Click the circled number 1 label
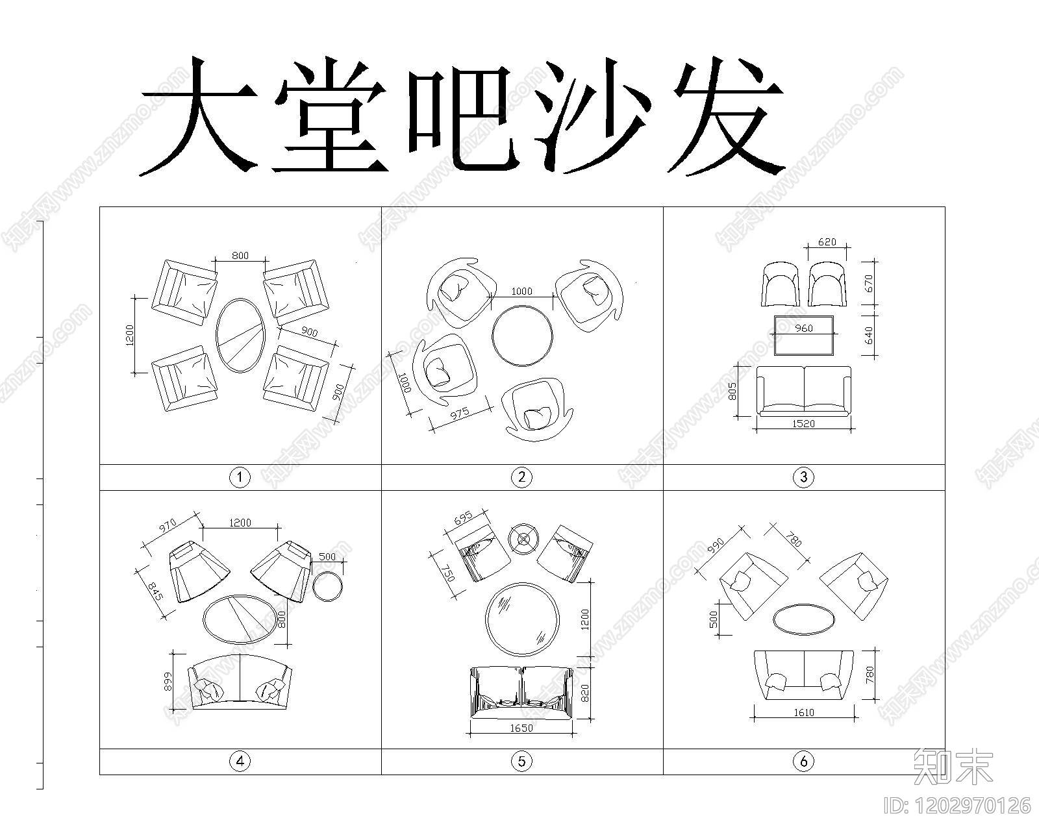[x=240, y=478]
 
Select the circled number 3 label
[x=803, y=478]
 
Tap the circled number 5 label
[x=521, y=762]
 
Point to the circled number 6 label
[x=803, y=762]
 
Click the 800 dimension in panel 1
[x=240, y=256]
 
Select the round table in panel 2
[x=522, y=336]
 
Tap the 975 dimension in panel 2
[x=459, y=414]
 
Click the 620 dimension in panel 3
[x=827, y=242]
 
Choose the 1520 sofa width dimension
[x=803, y=423]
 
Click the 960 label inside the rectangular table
[x=803, y=329]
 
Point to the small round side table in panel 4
[x=327, y=587]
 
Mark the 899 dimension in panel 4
[x=169, y=680]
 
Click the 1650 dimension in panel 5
[x=521, y=728]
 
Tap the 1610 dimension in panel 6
[x=803, y=712]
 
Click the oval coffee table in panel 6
[x=803, y=618]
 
